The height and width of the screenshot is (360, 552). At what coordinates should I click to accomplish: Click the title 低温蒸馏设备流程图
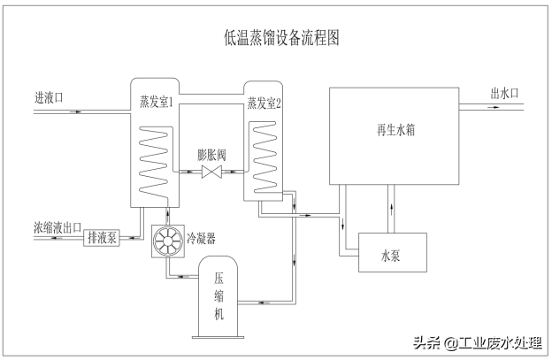pyautogui.click(x=282, y=38)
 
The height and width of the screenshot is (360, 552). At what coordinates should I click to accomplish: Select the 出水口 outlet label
pyautogui.click(x=504, y=92)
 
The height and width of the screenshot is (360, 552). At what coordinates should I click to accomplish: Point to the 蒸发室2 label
pyautogui.click(x=264, y=103)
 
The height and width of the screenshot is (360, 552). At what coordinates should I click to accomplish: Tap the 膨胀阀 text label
pyautogui.click(x=212, y=153)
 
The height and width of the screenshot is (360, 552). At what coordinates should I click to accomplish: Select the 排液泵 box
pyautogui.click(x=102, y=237)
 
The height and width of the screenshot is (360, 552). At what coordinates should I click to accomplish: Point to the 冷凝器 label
pyautogui.click(x=202, y=238)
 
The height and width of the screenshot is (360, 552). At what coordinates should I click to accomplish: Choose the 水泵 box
pyautogui.click(x=392, y=257)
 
